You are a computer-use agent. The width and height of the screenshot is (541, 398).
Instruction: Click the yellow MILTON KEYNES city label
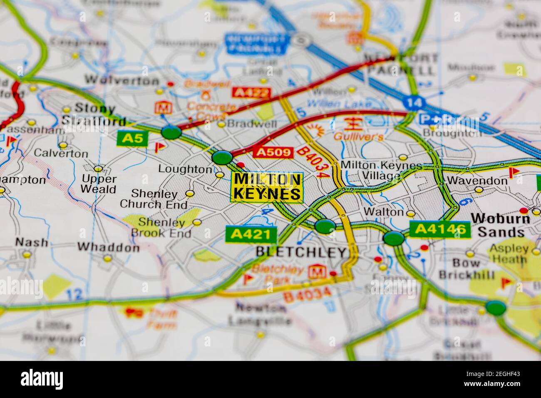[x=267, y=187]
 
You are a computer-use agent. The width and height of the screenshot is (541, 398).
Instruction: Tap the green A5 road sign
[x=132, y=138]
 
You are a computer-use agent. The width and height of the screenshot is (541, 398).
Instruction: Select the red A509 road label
[x=273, y=152]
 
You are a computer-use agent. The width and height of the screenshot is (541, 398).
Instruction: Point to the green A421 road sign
[x=251, y=235]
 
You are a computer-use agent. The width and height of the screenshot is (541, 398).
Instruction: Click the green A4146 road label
[x=440, y=229]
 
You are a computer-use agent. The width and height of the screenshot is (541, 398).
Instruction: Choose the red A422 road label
[x=251, y=92]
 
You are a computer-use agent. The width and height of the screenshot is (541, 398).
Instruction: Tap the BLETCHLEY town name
[x=301, y=252]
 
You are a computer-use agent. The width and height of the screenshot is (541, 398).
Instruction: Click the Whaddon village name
[x=109, y=247]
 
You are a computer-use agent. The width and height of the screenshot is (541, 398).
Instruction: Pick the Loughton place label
[x=185, y=169]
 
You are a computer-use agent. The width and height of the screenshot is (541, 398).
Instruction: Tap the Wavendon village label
[x=477, y=181]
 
